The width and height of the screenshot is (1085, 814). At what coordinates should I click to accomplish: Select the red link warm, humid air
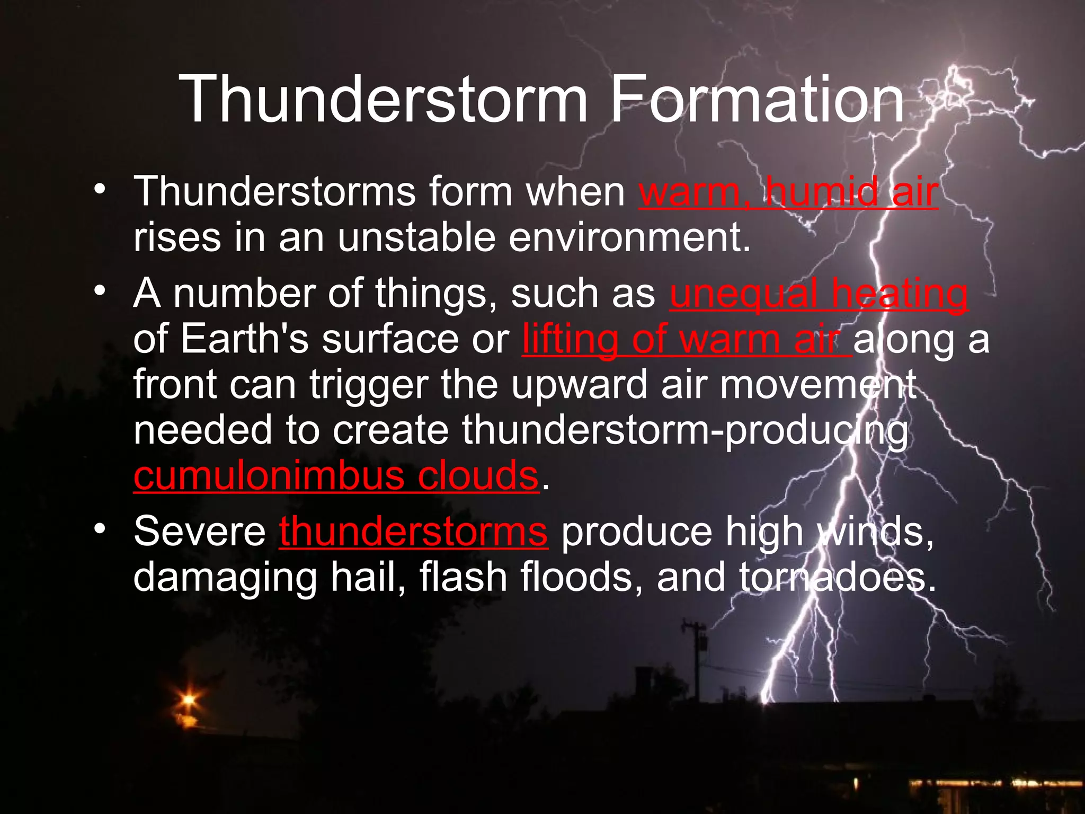pos(788,192)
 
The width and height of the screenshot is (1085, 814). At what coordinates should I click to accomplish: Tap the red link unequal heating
pos(819,294)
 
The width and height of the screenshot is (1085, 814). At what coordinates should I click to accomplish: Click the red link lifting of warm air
pos(686,340)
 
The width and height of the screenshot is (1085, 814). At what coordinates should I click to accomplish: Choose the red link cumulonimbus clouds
pos(336,475)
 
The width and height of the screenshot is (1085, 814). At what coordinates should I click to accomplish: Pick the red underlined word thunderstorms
pos(413,532)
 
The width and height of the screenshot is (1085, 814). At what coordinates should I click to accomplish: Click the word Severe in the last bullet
pos(200,532)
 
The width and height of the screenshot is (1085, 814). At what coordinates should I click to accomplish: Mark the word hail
pos(367,578)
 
